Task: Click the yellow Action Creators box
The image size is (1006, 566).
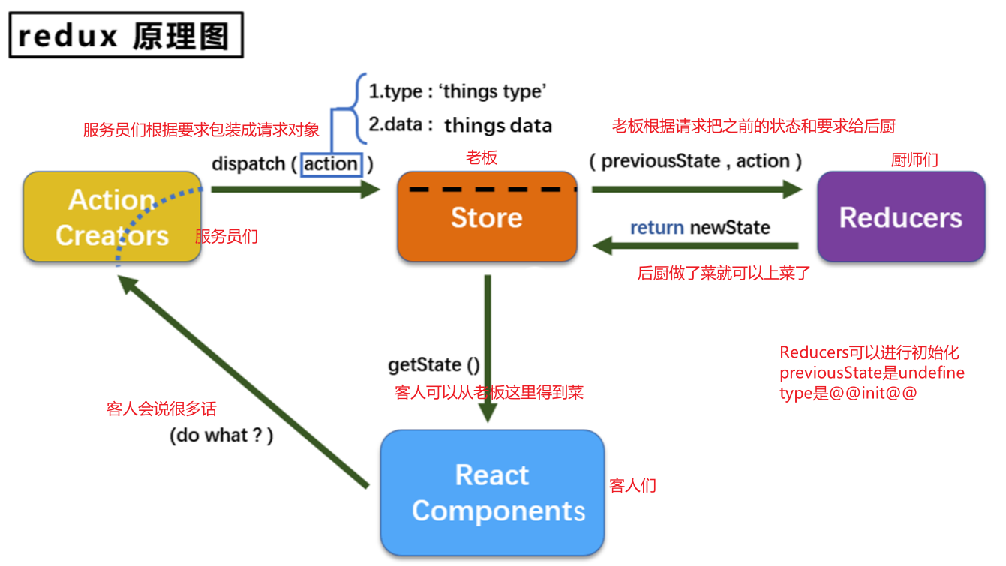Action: [x=112, y=217]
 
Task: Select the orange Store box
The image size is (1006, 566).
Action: [x=487, y=217]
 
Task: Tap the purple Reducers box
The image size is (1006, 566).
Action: [x=900, y=217]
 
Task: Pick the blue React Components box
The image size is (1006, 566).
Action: [x=492, y=493]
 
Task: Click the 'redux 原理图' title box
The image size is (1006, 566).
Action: [x=126, y=35]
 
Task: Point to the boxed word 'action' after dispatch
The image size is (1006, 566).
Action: [x=331, y=163]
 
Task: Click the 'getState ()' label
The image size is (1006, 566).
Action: [x=434, y=365]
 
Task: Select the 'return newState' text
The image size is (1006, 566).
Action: [x=699, y=227]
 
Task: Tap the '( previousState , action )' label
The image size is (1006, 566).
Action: [x=695, y=160]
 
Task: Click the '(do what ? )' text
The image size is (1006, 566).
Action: [x=221, y=435]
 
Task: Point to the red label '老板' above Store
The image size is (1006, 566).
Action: [x=482, y=157]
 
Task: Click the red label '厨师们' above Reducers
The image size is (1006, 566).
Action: [x=914, y=160]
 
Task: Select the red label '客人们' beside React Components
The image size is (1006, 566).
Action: [x=632, y=486]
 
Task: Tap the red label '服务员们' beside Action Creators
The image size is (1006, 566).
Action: [x=227, y=237]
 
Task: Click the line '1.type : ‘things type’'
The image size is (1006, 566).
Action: [x=457, y=91]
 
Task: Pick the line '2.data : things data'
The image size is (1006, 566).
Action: [x=460, y=125]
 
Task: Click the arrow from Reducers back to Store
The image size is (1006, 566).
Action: [x=695, y=245]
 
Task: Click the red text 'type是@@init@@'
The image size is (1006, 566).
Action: [x=848, y=393]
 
